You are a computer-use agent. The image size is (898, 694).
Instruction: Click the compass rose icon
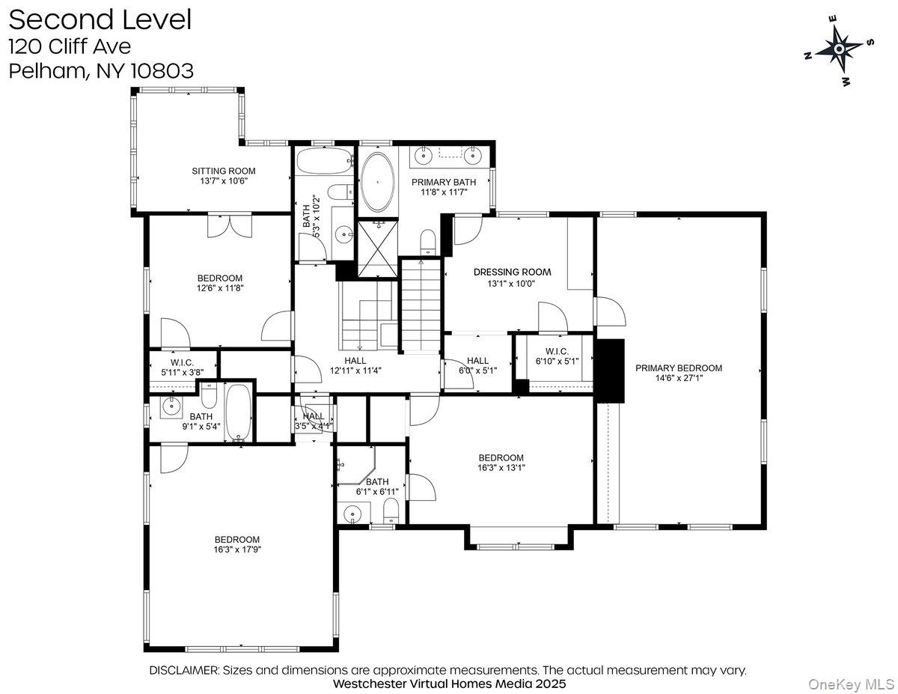(839, 50)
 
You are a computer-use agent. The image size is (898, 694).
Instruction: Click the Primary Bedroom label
(679, 368)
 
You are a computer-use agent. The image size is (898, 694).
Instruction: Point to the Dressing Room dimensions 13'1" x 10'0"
(511, 284)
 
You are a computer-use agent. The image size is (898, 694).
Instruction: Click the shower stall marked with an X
(378, 249)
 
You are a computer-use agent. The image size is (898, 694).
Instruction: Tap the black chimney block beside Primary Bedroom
(610, 371)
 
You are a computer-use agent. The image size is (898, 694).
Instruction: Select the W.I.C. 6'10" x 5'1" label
(557, 356)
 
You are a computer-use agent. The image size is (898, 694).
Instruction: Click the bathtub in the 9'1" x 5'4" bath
(239, 413)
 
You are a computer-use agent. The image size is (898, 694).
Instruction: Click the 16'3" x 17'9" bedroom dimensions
(237, 550)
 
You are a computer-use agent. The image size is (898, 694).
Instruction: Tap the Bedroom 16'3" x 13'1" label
(501, 463)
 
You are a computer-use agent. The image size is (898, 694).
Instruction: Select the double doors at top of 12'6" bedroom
(229, 225)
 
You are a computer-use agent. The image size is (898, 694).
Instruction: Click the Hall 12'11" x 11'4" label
(355, 365)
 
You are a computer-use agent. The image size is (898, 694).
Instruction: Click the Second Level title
(100, 19)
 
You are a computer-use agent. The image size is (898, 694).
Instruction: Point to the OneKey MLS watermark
(852, 685)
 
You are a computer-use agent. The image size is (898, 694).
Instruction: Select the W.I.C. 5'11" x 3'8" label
(183, 368)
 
